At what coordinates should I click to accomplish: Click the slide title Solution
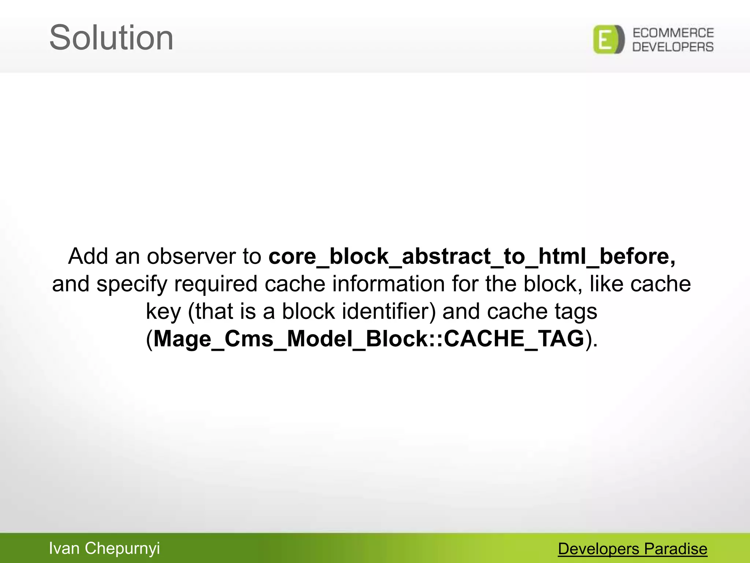(111, 38)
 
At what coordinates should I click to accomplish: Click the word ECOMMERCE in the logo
(673, 33)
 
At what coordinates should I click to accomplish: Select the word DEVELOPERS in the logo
(673, 47)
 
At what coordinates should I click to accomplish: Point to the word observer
(191, 256)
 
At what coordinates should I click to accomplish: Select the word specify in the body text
(131, 284)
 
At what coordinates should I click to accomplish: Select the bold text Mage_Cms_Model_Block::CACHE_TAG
(368, 339)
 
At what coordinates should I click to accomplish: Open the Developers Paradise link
(632, 549)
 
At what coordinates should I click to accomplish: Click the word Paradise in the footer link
(676, 549)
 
